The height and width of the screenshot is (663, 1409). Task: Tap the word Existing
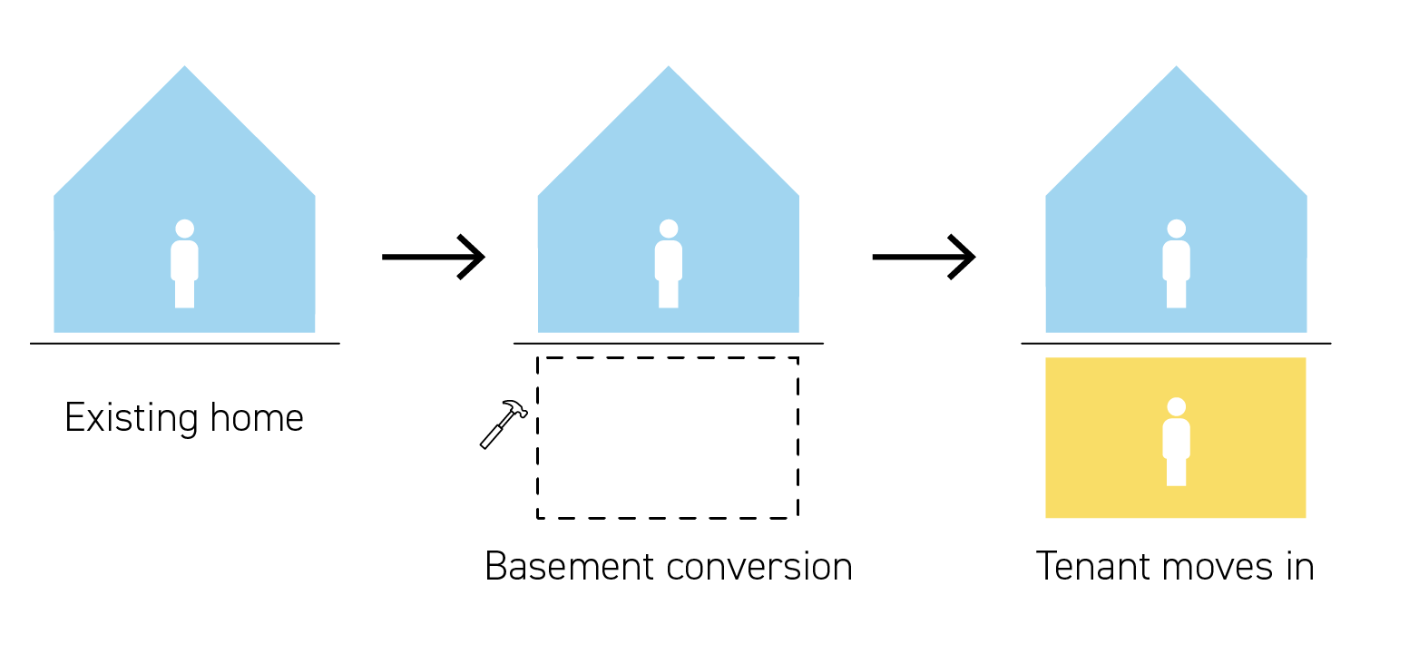tap(132, 418)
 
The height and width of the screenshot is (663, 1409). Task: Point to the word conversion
tap(759, 567)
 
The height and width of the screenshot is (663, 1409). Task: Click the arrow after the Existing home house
tap(434, 257)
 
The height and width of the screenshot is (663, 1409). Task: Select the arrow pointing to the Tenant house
tap(924, 257)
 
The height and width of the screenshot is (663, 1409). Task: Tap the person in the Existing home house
tap(184, 264)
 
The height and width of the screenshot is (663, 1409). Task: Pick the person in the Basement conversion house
tap(669, 264)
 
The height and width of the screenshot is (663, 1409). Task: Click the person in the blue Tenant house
tap(1176, 264)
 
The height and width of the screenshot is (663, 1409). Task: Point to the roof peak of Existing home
tap(184, 69)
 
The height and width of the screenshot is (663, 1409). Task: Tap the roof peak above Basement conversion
tap(669, 69)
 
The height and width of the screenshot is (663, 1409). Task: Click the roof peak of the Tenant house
tap(1176, 69)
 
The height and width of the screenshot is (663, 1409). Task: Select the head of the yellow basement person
tap(1176, 406)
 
